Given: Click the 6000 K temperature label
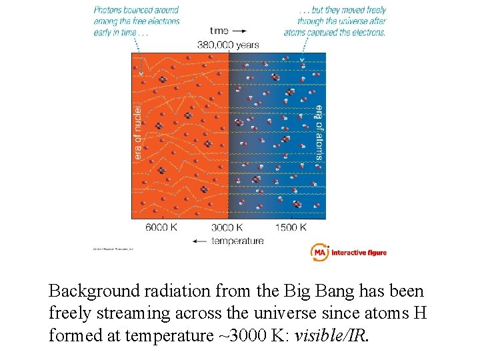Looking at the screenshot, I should click(161, 227).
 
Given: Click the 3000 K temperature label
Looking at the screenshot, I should click(228, 227).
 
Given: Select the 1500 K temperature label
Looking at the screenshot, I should click(291, 227).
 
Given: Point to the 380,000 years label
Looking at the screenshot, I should click(228, 45).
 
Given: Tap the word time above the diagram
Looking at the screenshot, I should click(219, 31).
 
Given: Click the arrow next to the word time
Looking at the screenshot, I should click(239, 31).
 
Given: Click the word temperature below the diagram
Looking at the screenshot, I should click(237, 241).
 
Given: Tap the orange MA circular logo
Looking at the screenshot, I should click(319, 252).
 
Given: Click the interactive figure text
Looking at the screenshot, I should click(359, 253).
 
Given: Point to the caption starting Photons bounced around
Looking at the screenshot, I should click(137, 21).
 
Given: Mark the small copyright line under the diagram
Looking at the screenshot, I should click(113, 249).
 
